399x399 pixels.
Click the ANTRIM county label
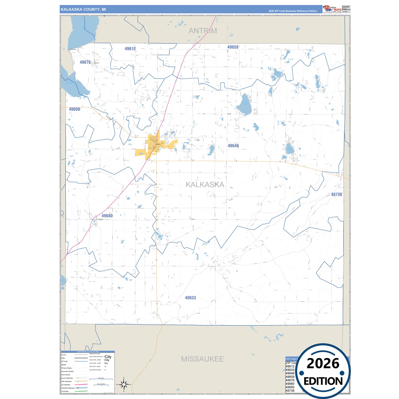(x=203, y=31)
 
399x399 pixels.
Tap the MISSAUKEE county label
(x=202, y=359)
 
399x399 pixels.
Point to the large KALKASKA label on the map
(x=205, y=184)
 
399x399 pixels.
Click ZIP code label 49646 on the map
(x=233, y=146)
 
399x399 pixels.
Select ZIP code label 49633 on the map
(x=190, y=298)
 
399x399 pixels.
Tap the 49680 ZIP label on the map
(x=107, y=216)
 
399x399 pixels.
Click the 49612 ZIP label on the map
(x=130, y=49)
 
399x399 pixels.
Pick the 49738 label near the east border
(x=336, y=194)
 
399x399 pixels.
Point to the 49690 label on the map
(x=74, y=109)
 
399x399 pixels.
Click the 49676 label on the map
(x=85, y=62)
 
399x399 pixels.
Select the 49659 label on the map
(x=233, y=47)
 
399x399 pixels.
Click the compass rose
(x=124, y=384)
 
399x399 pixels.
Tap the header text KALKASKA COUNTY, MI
(x=83, y=9)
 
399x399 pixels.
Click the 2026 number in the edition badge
(x=323, y=363)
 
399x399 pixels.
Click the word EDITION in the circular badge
(x=323, y=381)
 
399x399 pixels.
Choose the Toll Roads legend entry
(x=65, y=391)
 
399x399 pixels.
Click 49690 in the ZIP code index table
(x=290, y=387)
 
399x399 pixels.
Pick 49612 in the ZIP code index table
(x=290, y=366)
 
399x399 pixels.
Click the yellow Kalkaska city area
(x=153, y=145)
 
